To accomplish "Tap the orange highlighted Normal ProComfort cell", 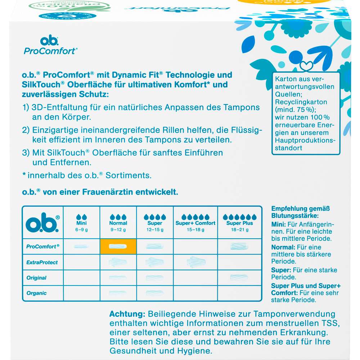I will point(118,247).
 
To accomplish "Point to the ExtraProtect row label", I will point(42,262).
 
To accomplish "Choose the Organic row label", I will point(37,293).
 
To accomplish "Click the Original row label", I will point(37,278).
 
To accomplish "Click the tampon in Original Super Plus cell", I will point(239,278).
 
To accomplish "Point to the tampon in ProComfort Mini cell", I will point(81,247).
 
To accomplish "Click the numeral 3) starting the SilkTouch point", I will point(26,153).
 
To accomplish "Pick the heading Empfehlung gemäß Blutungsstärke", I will point(301,212).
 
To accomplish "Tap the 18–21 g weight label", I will point(239,230).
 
